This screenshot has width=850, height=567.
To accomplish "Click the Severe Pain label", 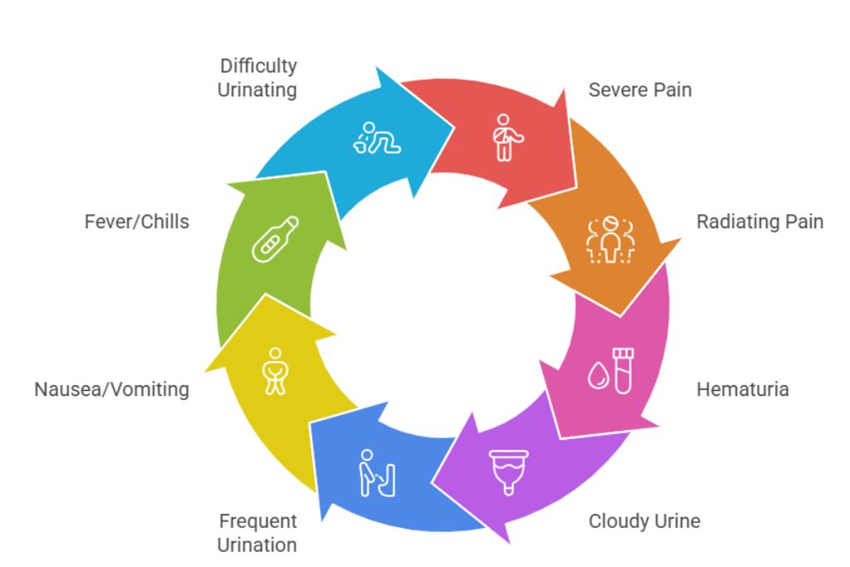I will [x=639, y=90].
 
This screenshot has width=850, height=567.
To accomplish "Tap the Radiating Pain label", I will [x=760, y=222].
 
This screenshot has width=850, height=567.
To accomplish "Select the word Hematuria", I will [x=742, y=389].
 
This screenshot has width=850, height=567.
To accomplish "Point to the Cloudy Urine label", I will [x=644, y=521].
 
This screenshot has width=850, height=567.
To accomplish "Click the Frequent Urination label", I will [x=257, y=533].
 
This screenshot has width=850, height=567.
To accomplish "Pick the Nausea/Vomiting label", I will [x=111, y=389].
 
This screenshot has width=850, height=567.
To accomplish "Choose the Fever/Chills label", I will [x=136, y=222].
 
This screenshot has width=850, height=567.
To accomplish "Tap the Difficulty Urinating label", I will [x=257, y=78].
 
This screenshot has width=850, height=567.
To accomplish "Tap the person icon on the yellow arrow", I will [x=273, y=370].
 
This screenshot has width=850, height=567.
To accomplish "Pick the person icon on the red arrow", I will [x=503, y=138].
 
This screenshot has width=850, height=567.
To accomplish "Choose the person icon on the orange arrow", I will [x=611, y=239].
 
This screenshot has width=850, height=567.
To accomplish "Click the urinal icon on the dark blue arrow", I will [x=378, y=472].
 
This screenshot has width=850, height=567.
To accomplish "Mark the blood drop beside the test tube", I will [x=597, y=375].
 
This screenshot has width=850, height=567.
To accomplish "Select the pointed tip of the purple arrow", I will [x=432, y=482].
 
